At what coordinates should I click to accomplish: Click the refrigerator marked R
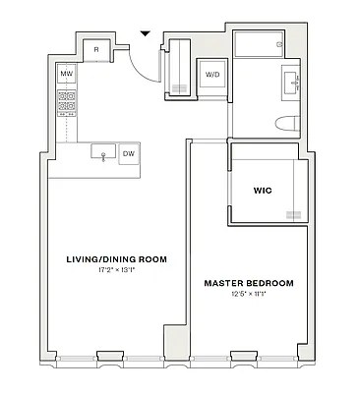[x=96, y=49]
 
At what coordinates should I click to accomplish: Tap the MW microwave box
[x=67, y=74]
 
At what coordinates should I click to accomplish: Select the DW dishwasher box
[x=129, y=152]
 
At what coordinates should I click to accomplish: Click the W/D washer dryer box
[x=212, y=76]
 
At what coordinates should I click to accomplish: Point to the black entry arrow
[x=145, y=33]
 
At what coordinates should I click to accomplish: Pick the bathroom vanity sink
[x=292, y=81]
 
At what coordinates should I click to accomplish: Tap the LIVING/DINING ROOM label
[x=116, y=259]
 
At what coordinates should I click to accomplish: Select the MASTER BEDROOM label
[x=248, y=283]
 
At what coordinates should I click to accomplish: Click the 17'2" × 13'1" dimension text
[x=116, y=270]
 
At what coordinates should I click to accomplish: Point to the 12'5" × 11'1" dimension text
[x=248, y=294]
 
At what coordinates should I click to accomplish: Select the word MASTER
[x=221, y=283]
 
